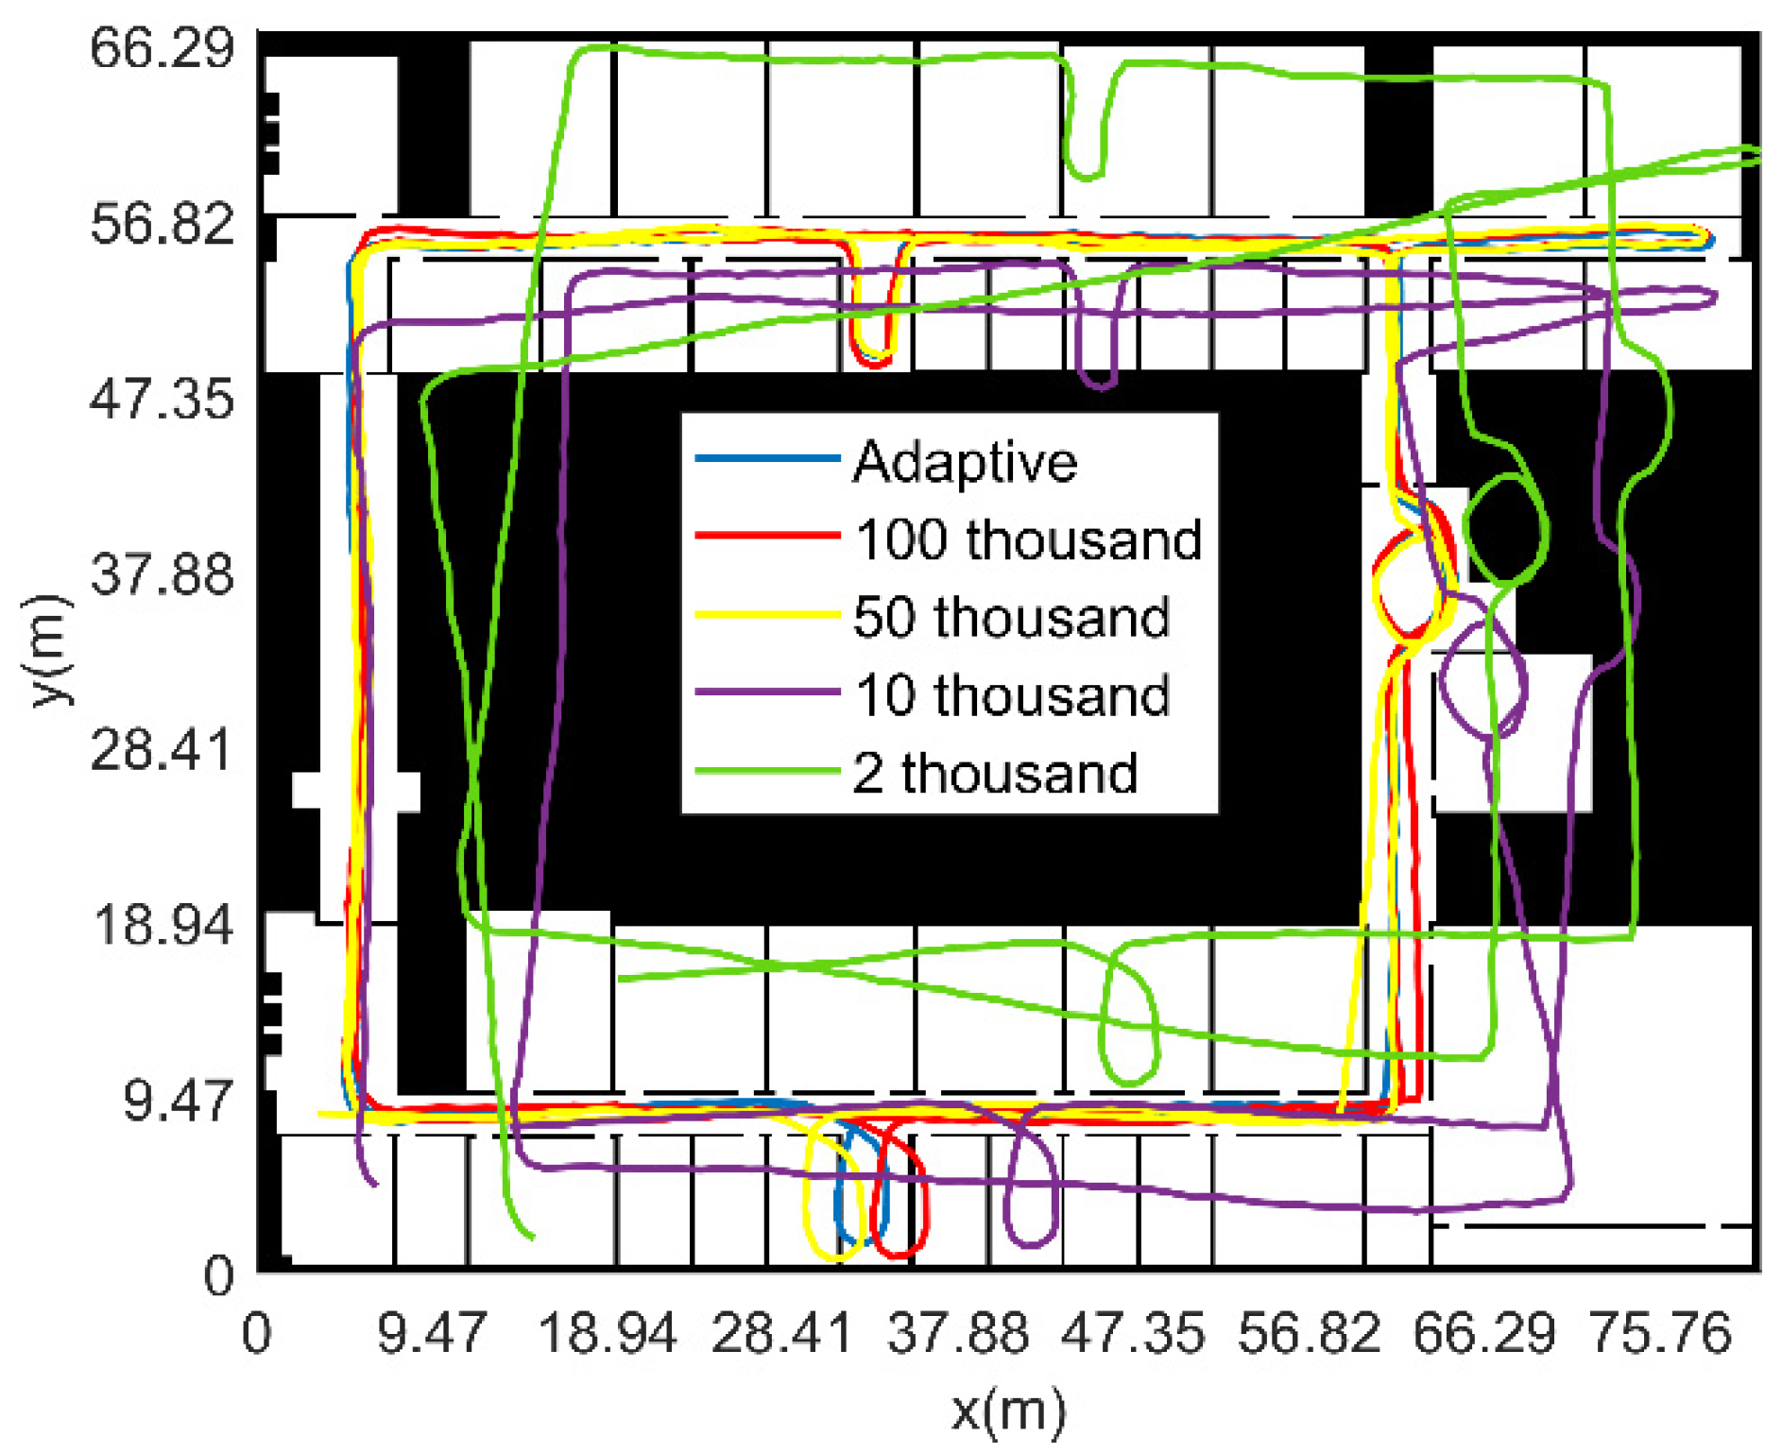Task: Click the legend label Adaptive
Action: point(964,463)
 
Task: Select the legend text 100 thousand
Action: point(1028,540)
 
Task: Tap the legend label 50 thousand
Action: point(1011,618)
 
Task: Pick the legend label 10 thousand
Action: point(1011,696)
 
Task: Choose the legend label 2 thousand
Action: point(995,774)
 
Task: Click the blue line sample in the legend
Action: point(767,459)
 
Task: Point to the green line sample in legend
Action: point(767,772)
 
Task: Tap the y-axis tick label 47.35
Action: point(162,399)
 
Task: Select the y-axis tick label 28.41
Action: point(162,751)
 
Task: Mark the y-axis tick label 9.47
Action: point(178,1102)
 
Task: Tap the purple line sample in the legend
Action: point(767,692)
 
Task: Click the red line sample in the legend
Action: point(767,536)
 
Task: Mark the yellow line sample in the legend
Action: point(767,615)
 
